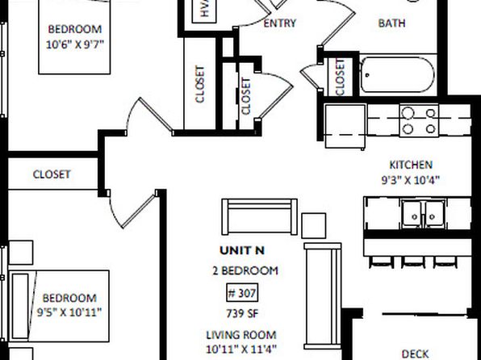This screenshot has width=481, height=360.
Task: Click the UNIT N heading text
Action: click(242, 250)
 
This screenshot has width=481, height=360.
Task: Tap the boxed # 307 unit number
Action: click(242, 293)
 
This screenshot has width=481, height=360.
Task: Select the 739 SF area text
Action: click(242, 314)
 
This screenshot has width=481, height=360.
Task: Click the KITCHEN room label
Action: click(411, 165)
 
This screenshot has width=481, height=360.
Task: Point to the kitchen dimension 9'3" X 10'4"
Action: click(411, 180)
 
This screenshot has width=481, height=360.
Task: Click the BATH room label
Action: click(391, 23)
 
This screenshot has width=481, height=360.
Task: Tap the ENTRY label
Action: click(280, 23)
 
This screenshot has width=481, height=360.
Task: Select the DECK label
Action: click(415, 354)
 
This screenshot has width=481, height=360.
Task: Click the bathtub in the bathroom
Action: click(397, 74)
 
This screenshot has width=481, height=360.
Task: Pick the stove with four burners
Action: click(419, 120)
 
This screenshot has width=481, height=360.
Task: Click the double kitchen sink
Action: click(424, 214)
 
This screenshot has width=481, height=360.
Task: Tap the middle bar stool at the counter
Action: click(412, 262)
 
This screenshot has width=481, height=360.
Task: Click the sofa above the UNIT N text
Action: click(260, 216)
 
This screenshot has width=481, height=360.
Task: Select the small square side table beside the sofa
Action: click(313, 225)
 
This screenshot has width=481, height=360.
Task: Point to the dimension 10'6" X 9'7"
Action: click(75, 44)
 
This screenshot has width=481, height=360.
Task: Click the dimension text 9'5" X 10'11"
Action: click(69, 312)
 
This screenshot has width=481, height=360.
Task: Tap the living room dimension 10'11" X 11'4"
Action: click(241, 350)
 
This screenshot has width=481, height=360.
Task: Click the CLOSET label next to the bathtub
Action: click(340, 77)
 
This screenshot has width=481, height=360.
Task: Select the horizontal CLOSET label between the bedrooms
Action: click(52, 174)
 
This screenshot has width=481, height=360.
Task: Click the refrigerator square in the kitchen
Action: click(345, 126)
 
